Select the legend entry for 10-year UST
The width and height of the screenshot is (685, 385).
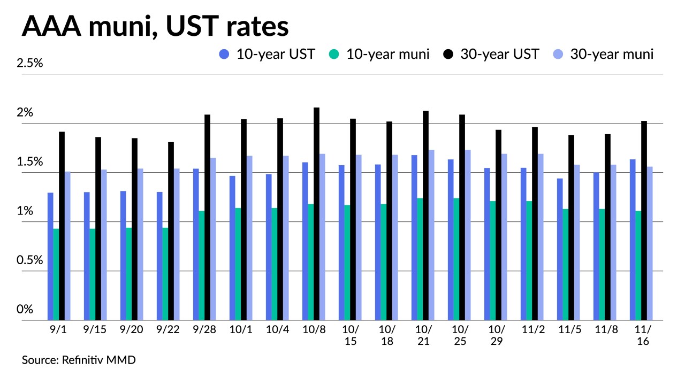click(267, 54)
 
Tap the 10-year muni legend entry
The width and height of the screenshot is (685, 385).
click(379, 54)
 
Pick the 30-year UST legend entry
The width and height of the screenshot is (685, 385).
click(492, 54)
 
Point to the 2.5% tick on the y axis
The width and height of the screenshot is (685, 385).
click(29, 63)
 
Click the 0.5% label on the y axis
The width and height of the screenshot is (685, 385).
click(29, 260)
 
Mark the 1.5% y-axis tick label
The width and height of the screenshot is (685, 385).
click(29, 162)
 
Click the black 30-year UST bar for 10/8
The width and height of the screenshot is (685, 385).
click(316, 214)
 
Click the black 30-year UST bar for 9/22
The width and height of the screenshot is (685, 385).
click(171, 231)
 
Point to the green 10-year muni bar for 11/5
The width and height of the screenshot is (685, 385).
click(566, 264)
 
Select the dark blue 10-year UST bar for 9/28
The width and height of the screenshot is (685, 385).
click(196, 244)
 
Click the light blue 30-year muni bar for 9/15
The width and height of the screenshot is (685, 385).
click(104, 245)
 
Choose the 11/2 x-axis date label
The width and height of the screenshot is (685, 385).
click(532, 330)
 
